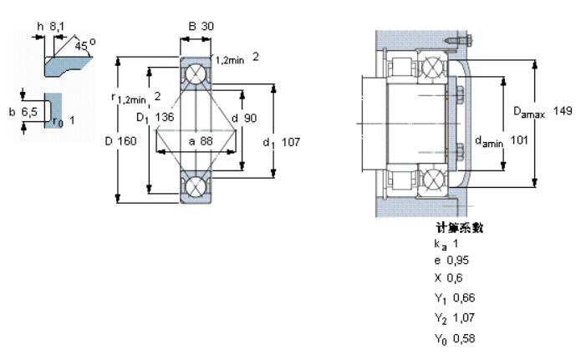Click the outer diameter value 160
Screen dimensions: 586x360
point(127,141)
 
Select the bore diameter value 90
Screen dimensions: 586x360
point(250,119)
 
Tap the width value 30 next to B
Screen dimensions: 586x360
point(207,26)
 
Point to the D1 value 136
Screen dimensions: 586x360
point(165,117)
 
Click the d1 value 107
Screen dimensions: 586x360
point(290,142)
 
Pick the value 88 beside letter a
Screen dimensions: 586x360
point(206,141)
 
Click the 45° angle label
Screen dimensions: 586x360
point(84,45)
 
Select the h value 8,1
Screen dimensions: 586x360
point(57,27)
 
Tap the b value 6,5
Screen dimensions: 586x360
point(29,112)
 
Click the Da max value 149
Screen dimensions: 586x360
point(563,111)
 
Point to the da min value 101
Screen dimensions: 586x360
point(519,140)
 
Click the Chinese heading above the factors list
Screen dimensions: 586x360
point(459,227)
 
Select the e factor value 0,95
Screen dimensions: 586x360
point(458,261)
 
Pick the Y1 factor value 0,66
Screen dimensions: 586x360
point(464,297)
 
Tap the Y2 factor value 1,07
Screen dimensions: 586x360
point(464,317)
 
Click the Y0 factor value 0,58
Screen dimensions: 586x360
point(464,339)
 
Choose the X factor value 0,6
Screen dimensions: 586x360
point(455,278)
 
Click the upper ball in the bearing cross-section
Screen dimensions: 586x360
point(196,74)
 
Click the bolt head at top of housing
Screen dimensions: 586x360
point(469,38)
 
